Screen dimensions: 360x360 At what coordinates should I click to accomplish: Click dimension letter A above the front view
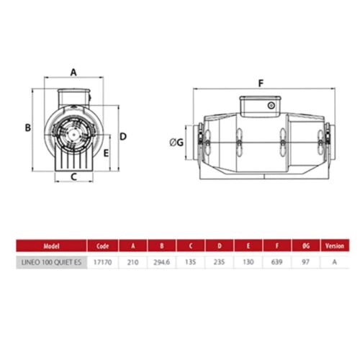click(73, 72)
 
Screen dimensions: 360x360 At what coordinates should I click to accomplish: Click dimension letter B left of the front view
click(28, 127)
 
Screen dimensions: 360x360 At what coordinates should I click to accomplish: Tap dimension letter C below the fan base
click(73, 177)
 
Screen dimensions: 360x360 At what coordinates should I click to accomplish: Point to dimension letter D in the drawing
click(123, 137)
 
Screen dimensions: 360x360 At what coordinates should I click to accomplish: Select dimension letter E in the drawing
click(106, 153)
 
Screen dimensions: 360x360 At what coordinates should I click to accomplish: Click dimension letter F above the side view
click(261, 84)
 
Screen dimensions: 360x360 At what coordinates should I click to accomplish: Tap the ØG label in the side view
click(176, 143)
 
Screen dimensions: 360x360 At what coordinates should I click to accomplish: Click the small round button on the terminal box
click(271, 105)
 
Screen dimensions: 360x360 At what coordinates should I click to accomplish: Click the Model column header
click(51, 246)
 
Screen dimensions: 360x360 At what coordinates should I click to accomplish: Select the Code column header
click(102, 246)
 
